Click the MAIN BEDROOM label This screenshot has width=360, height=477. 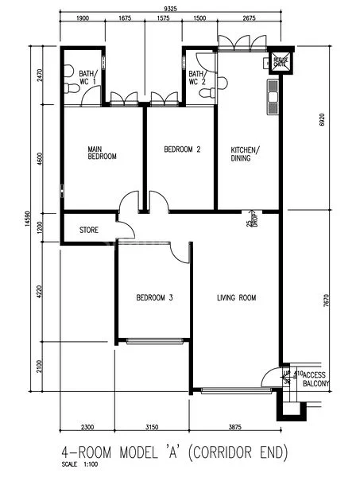(102, 153)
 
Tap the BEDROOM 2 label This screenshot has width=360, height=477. (182, 149)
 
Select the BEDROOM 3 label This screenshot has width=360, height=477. (155, 298)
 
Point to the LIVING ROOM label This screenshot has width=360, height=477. (237, 298)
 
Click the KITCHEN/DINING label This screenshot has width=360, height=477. (245, 153)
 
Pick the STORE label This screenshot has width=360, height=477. (89, 231)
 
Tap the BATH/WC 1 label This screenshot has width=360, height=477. (88, 77)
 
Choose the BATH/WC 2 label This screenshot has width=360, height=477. (198, 77)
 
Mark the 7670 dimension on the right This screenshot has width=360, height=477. (322, 298)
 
